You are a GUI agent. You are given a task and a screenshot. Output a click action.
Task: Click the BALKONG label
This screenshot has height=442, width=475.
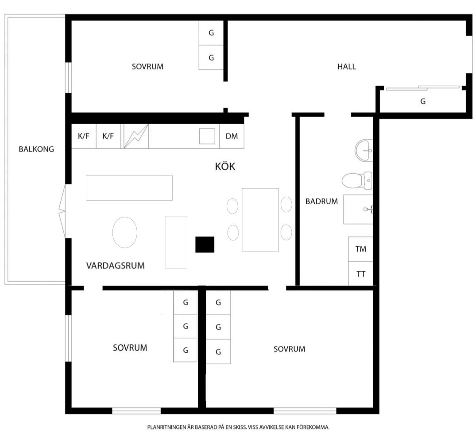[x=36, y=149]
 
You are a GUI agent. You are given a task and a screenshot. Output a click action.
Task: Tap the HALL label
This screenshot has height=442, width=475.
[x=347, y=67]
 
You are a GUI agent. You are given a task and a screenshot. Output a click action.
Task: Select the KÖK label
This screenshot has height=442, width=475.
[x=225, y=166]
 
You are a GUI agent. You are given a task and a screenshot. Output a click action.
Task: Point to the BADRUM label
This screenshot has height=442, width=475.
[x=321, y=202]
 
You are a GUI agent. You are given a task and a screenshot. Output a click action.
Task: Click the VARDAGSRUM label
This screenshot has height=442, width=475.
[x=116, y=266]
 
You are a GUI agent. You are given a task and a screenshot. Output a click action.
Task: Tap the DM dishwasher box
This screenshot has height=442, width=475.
[x=232, y=136]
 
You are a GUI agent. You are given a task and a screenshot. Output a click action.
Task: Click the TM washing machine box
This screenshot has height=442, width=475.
[x=360, y=249]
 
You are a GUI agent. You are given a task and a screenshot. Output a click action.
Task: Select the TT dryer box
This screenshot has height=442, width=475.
[x=360, y=274]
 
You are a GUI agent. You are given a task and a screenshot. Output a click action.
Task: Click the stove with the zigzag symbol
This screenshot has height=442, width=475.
[x=136, y=136]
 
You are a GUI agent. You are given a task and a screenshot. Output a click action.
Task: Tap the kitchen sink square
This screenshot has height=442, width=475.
[x=207, y=136]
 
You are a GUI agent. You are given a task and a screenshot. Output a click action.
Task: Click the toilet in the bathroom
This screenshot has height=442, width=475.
[x=357, y=181]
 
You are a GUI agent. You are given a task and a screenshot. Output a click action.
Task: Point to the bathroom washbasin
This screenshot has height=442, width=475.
[x=364, y=150]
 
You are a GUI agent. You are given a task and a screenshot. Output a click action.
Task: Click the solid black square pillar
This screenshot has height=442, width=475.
[x=205, y=244]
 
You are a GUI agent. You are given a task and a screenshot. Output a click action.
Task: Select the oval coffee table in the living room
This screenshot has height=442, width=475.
[x=125, y=232]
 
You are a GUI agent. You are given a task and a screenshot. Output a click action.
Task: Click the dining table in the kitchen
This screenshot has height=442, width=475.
[x=260, y=220]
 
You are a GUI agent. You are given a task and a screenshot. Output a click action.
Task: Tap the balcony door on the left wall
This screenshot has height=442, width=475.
[x=62, y=211]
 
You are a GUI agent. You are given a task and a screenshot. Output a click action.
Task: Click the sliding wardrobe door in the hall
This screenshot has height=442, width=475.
[x=423, y=88]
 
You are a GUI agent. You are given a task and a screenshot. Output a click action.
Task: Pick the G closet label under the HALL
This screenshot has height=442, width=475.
[x=423, y=101]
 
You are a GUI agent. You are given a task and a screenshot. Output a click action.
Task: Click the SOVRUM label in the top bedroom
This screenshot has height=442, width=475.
[x=147, y=67]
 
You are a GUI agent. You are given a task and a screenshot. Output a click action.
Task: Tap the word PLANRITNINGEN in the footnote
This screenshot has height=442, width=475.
[x=166, y=427]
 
